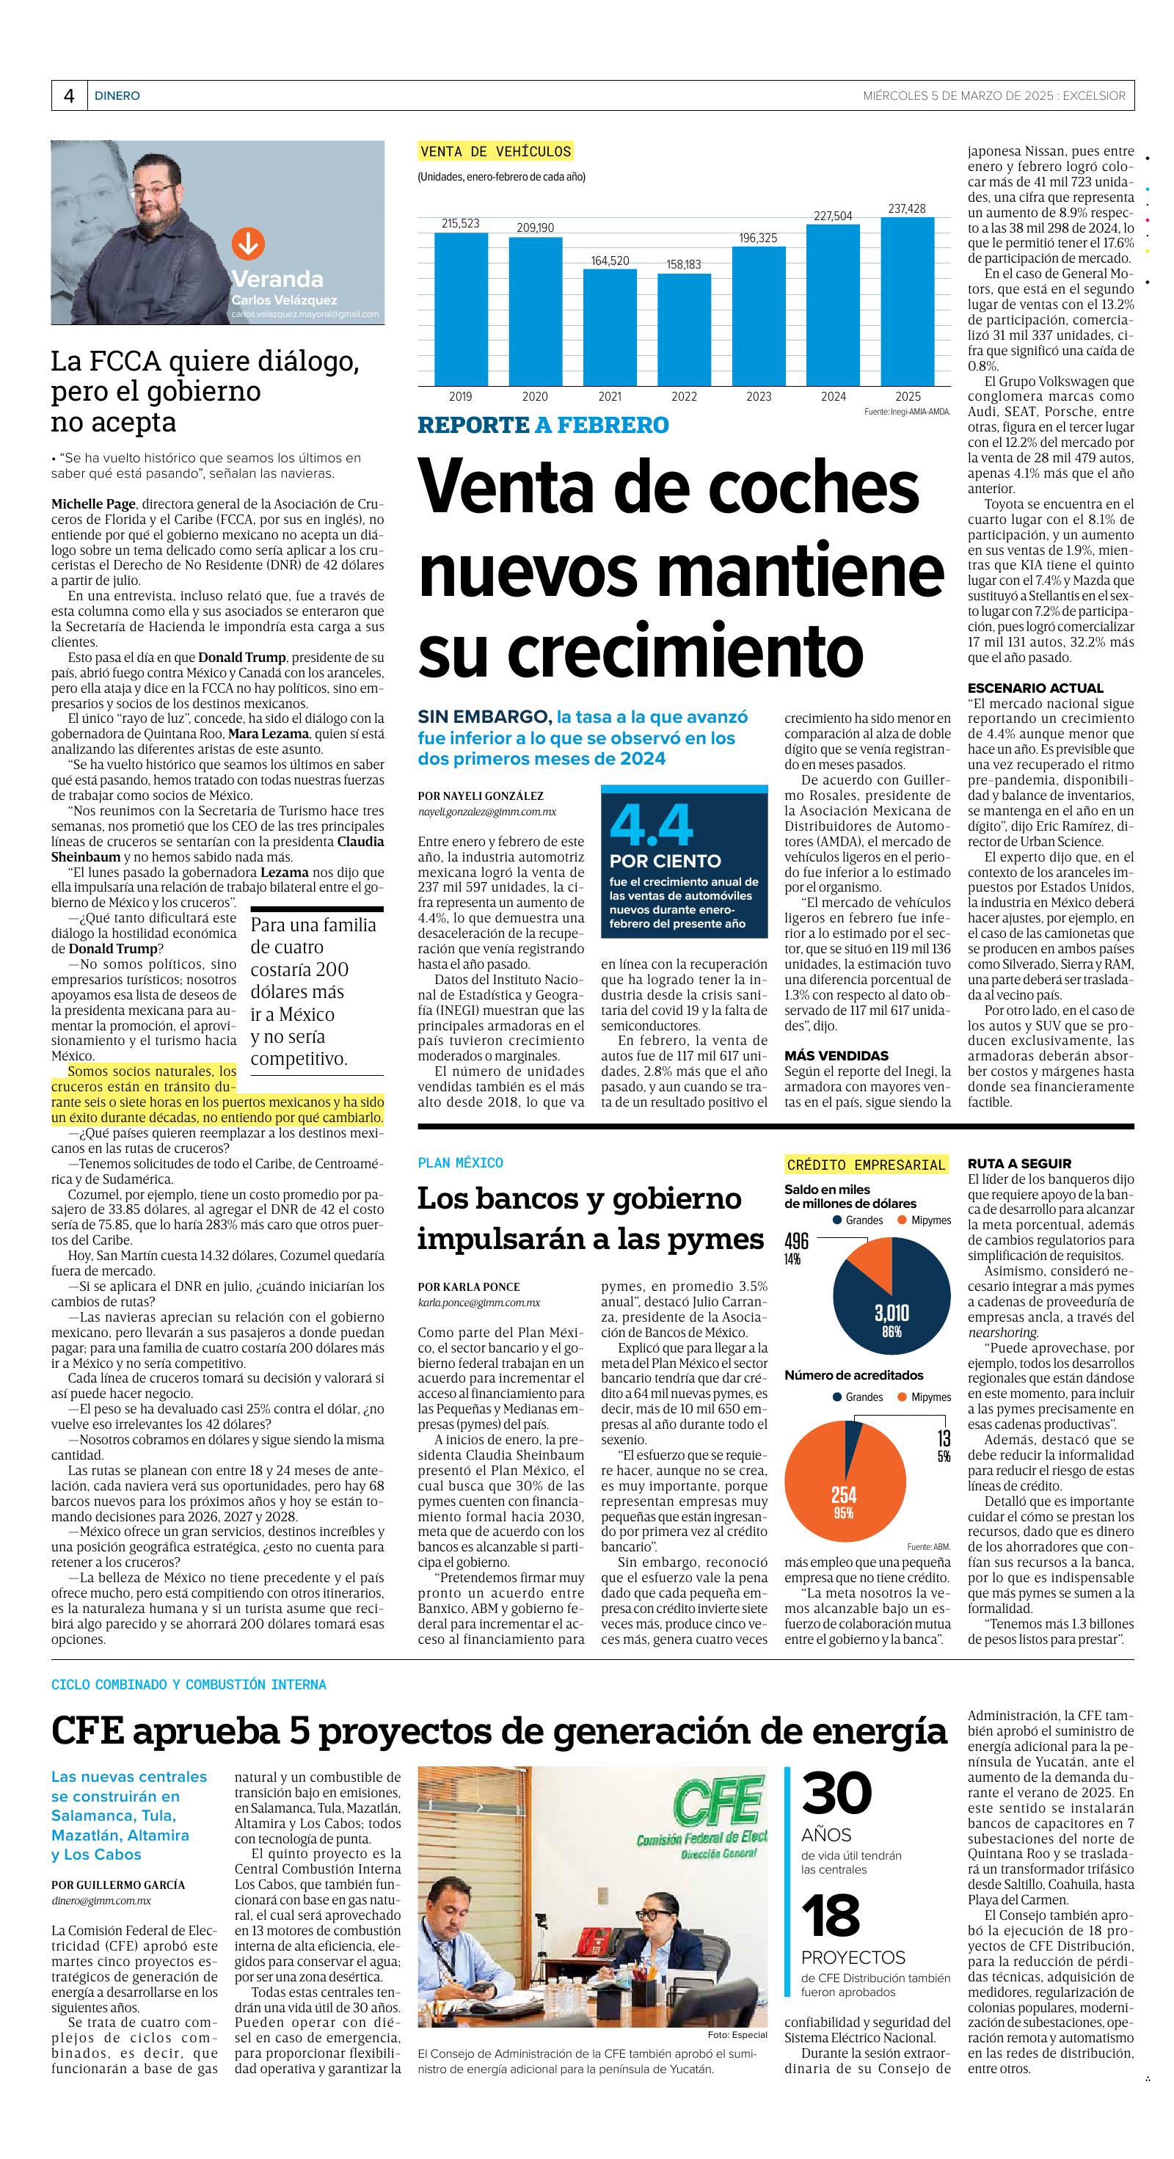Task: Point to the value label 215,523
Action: (x=460, y=223)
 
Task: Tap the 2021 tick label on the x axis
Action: (x=609, y=396)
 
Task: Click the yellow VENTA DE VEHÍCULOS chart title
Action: (x=496, y=152)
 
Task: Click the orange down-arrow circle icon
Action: (x=248, y=244)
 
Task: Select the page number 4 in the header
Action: (x=69, y=95)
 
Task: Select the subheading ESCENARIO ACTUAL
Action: (x=1035, y=688)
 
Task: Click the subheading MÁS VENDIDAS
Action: (x=836, y=1056)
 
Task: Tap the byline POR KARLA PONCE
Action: (x=468, y=1286)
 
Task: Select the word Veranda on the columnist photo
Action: (x=277, y=279)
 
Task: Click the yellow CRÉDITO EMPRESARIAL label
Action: (x=866, y=1164)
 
